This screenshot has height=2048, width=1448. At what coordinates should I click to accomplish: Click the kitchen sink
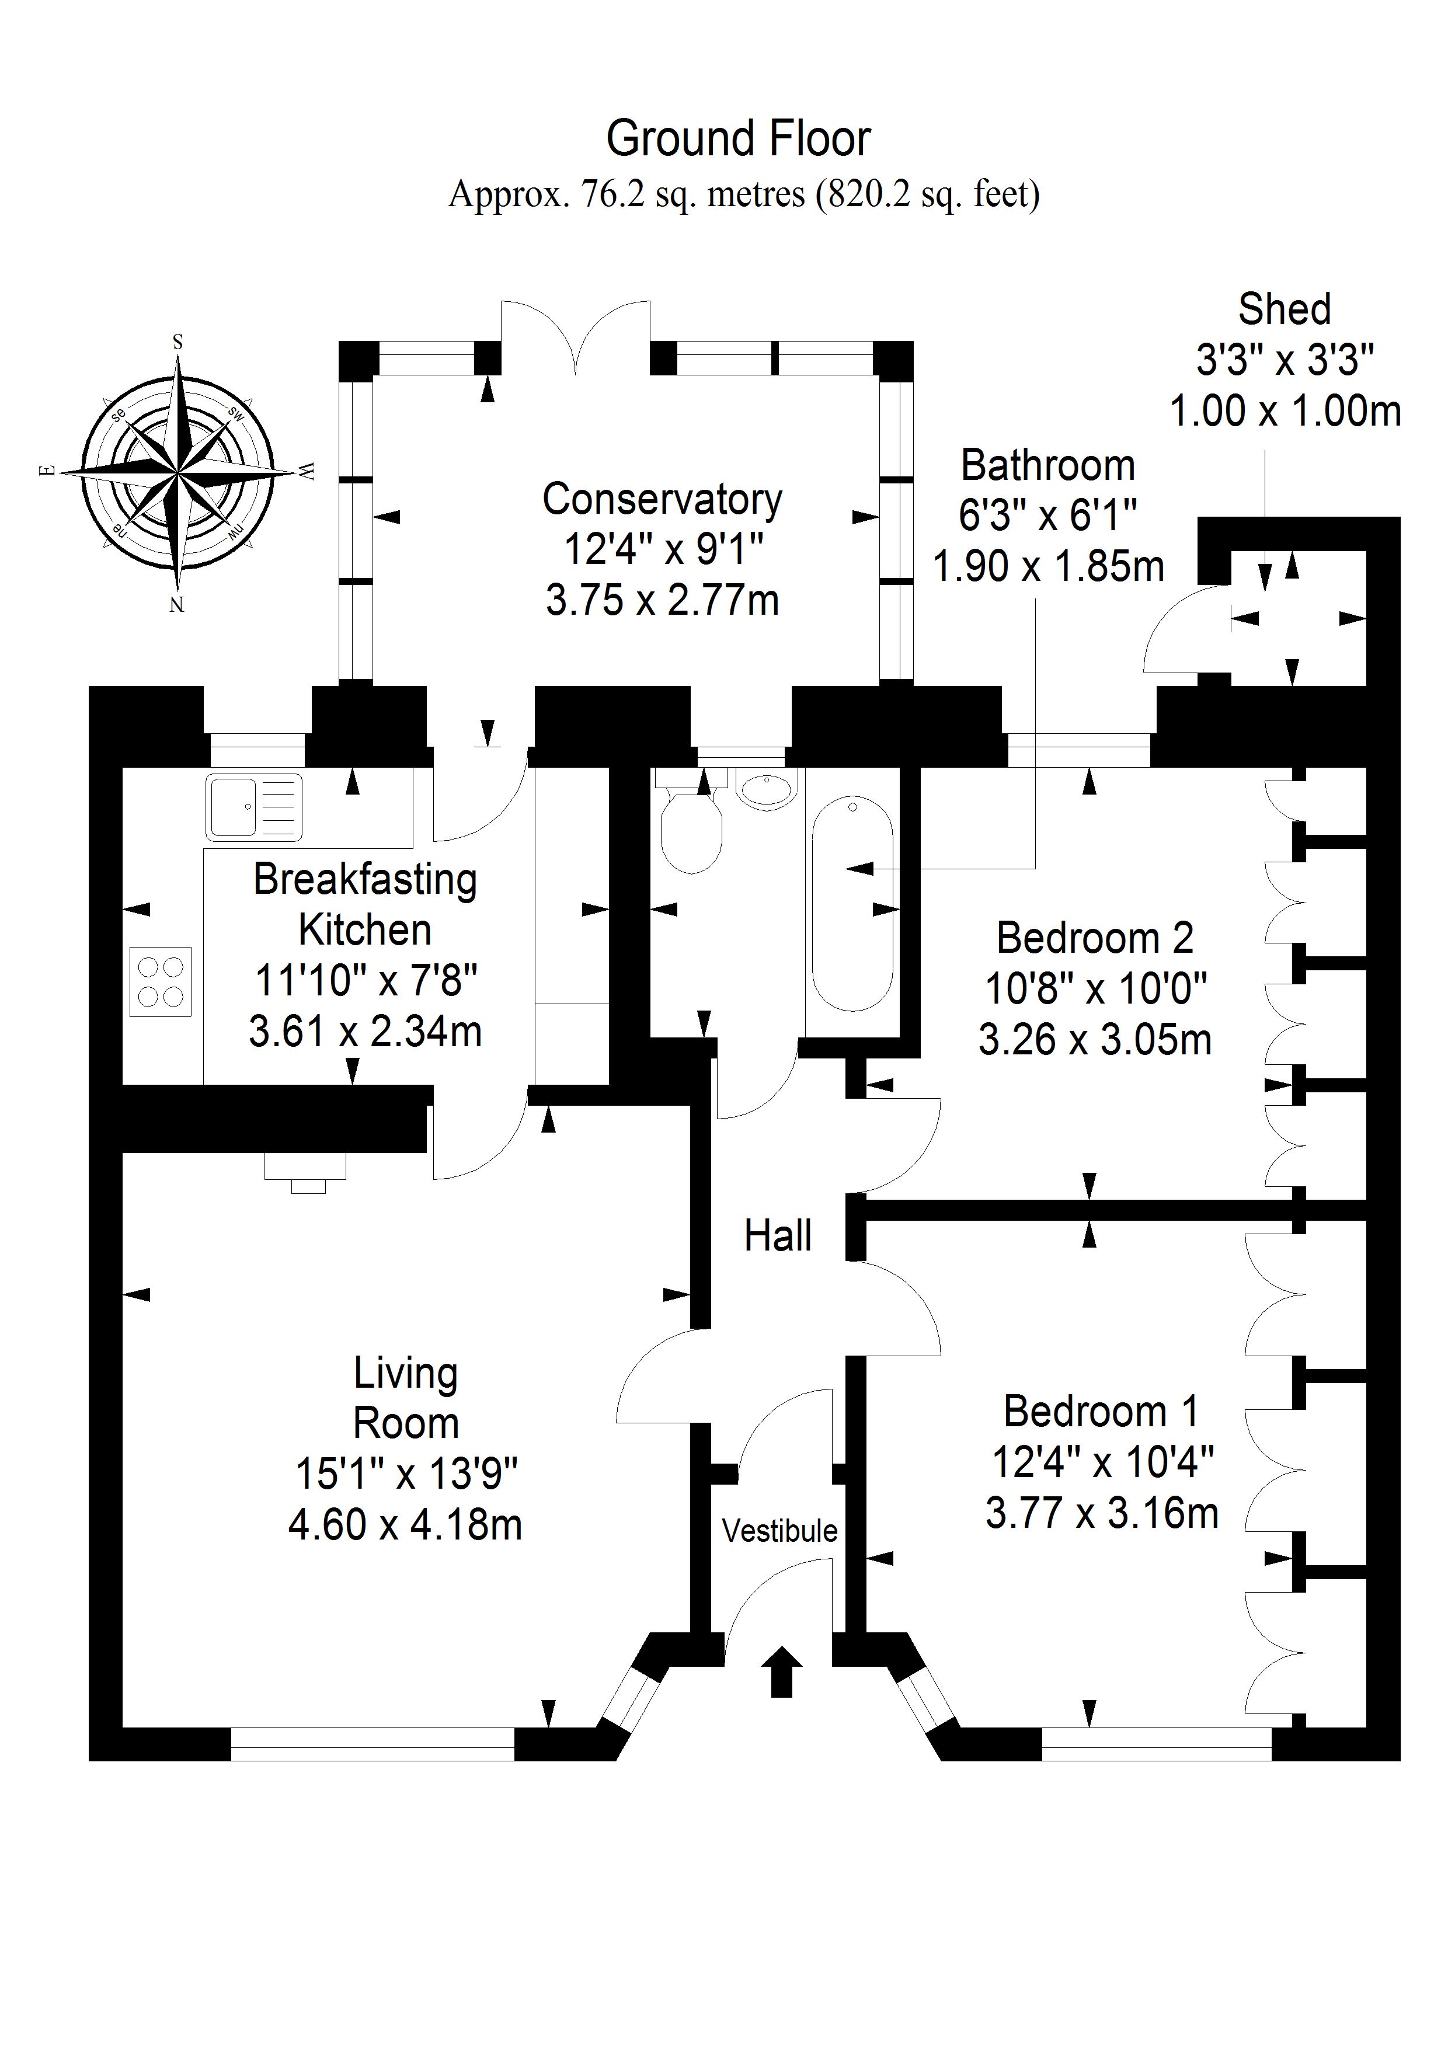[x=253, y=808]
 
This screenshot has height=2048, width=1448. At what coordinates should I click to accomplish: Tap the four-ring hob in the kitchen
[x=161, y=981]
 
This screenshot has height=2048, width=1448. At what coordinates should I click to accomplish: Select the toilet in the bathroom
[x=691, y=831]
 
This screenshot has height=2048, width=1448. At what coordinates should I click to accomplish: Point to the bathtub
[x=852, y=903]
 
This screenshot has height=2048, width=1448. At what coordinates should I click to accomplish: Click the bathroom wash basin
[x=765, y=790]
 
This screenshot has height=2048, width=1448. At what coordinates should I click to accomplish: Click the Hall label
[x=778, y=1237]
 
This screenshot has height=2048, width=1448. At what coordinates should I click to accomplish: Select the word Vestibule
[x=780, y=1531]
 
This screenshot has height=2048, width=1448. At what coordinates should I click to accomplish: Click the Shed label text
[x=1284, y=309]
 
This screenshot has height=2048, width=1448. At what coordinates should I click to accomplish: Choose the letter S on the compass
[x=177, y=342]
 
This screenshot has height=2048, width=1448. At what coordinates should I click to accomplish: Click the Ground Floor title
[x=738, y=139]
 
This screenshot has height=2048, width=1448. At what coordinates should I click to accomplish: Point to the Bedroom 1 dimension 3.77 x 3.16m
[x=1102, y=1514]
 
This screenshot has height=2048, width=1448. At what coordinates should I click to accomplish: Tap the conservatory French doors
[x=576, y=339]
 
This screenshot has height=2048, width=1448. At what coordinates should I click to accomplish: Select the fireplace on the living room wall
[x=306, y=1171]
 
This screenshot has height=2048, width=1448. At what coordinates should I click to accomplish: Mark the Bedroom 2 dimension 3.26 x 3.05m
[x=1095, y=1040]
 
